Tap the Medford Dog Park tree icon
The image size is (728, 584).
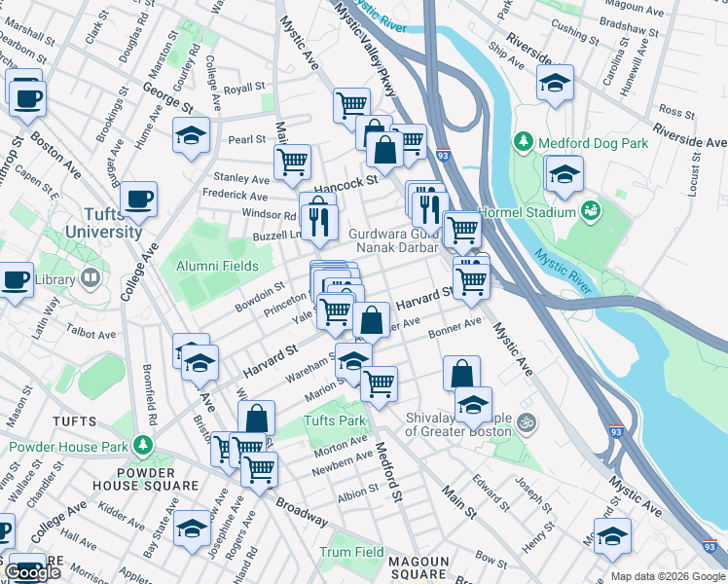point(524,143)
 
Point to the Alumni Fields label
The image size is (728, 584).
point(217,266)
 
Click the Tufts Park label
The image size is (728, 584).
point(334,421)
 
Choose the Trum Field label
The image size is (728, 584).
point(351,552)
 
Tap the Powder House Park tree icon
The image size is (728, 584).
point(144,446)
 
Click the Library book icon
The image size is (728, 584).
point(91,278)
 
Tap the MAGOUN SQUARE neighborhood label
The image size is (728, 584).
point(418,568)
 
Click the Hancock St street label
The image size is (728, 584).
point(345,183)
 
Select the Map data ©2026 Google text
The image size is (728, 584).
point(667,575)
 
